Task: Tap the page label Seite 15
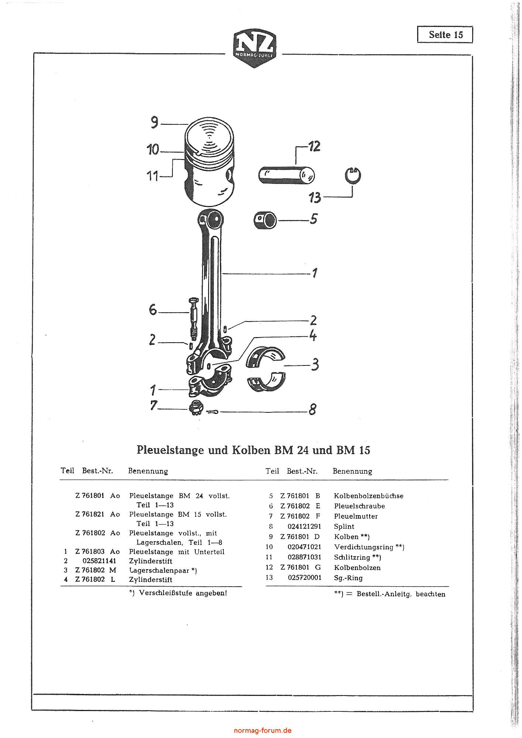(x=445, y=35)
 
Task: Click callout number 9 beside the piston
(x=154, y=122)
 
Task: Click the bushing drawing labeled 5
(x=265, y=220)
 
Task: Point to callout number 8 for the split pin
(x=312, y=409)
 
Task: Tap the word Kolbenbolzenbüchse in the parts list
(x=368, y=496)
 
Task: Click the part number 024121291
(x=305, y=526)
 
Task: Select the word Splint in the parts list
(x=344, y=526)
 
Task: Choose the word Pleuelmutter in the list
(x=356, y=516)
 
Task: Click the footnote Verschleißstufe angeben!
(x=178, y=593)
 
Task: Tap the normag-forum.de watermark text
(x=263, y=730)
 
